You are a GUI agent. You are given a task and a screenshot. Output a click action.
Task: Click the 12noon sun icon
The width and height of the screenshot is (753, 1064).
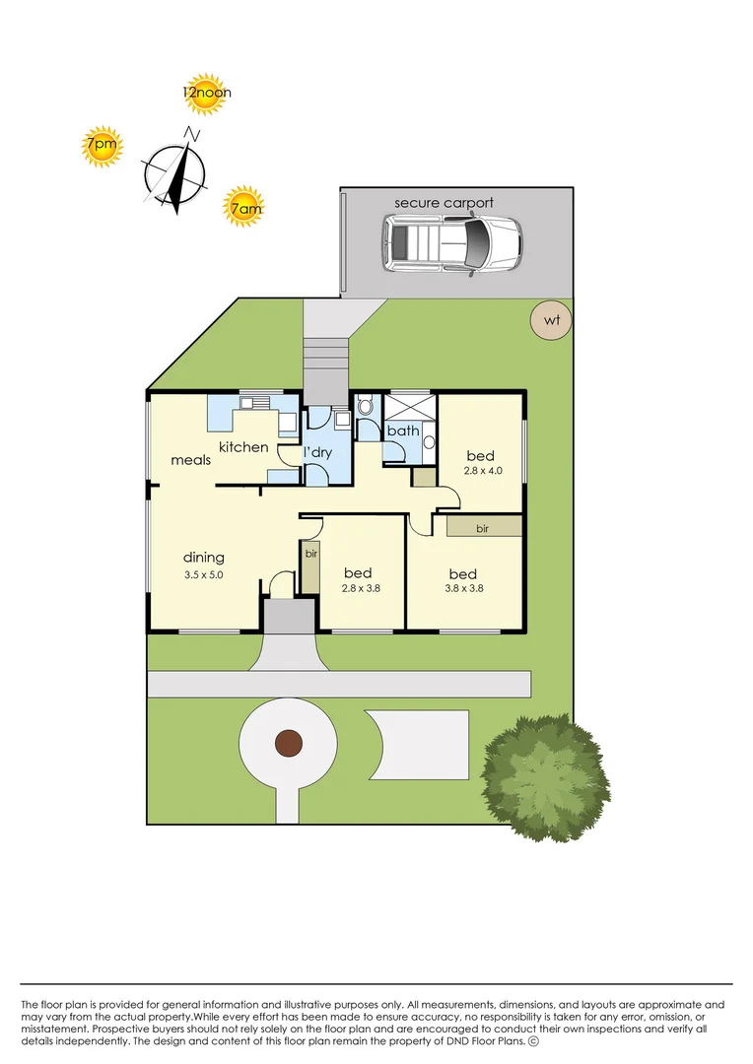pyautogui.click(x=206, y=93)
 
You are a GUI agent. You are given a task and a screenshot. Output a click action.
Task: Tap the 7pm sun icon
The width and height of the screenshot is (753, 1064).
pyautogui.click(x=101, y=147)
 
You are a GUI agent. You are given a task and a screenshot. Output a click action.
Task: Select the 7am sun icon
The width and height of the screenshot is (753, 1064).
pyautogui.click(x=243, y=207)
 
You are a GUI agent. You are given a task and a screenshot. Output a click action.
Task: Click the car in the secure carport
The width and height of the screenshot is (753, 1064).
pyautogui.click(x=451, y=242)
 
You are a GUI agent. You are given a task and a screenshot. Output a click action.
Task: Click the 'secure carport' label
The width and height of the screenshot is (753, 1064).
pyautogui.click(x=444, y=203)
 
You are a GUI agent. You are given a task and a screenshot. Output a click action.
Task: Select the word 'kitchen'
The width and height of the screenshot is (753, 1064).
pyautogui.click(x=243, y=447)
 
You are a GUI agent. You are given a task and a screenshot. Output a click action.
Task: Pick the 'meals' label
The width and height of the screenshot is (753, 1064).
pyautogui.click(x=190, y=459)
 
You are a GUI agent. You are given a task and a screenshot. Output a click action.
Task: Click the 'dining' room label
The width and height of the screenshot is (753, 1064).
pyautogui.click(x=203, y=558)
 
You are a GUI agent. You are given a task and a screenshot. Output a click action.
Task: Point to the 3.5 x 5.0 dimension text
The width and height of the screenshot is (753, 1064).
pyautogui.click(x=203, y=574)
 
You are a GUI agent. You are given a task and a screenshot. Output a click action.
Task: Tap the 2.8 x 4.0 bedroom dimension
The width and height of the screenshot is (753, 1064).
pyautogui.click(x=484, y=471)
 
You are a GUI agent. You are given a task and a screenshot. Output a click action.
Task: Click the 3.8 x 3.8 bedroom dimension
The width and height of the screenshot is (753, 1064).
pyautogui.click(x=462, y=589)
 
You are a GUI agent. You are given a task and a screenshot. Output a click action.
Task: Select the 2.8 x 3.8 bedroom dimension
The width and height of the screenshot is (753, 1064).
pyautogui.click(x=360, y=589)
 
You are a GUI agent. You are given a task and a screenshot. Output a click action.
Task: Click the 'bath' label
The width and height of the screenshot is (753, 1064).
pyautogui.click(x=402, y=431)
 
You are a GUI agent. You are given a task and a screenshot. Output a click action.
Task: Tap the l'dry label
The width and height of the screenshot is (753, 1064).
pyautogui.click(x=317, y=452)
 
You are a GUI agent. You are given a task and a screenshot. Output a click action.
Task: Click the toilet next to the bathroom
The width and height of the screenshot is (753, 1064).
pyautogui.click(x=365, y=407)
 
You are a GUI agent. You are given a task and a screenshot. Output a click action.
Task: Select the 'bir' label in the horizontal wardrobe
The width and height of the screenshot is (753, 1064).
pyautogui.click(x=483, y=529)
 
